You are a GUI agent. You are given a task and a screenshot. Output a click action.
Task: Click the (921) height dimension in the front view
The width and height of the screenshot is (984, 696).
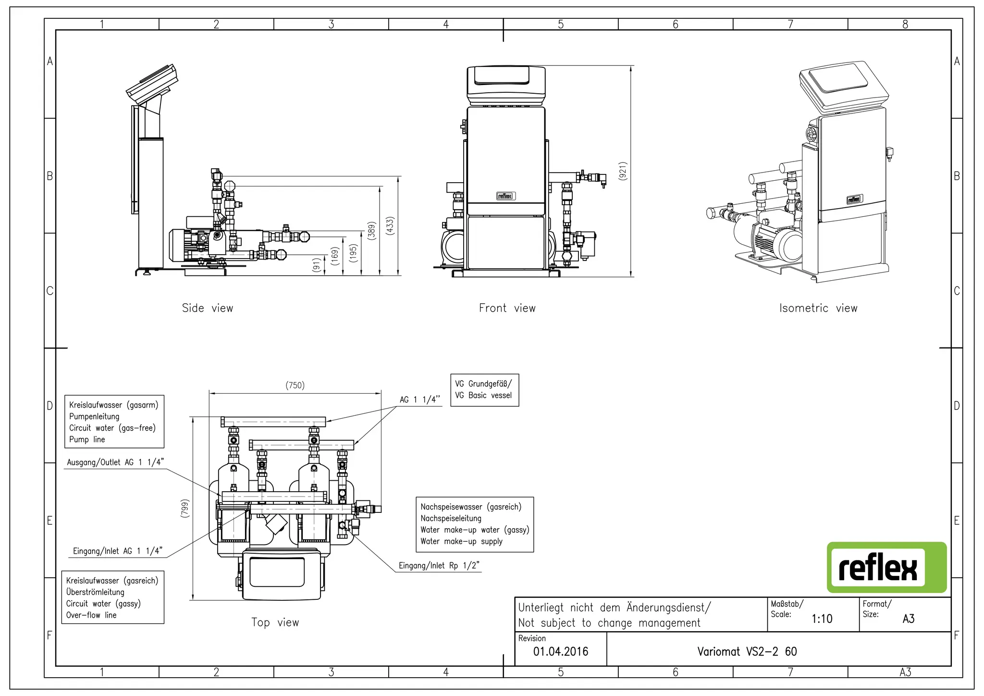click(623, 171)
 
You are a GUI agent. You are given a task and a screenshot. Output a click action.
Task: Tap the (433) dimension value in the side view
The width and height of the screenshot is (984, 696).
click(390, 226)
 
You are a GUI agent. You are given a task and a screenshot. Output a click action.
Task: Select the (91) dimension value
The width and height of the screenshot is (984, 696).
click(316, 265)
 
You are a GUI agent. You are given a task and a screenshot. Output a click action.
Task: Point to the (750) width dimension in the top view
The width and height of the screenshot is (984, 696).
click(295, 385)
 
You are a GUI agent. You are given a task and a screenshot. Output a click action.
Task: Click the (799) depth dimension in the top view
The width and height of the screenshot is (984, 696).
click(185, 509)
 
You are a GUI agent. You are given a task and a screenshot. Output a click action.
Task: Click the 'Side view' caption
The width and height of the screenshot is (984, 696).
click(208, 308)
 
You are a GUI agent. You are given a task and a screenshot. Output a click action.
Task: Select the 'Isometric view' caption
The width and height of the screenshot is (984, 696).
click(818, 308)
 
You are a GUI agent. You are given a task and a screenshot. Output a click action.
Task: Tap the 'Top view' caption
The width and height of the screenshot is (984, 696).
click(275, 622)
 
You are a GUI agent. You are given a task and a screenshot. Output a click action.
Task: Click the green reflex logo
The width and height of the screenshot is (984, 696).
click(886, 567)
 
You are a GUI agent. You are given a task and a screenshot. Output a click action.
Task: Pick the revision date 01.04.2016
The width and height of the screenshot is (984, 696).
click(561, 652)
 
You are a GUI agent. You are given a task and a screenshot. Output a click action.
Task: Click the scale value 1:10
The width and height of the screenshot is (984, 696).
click(822, 619)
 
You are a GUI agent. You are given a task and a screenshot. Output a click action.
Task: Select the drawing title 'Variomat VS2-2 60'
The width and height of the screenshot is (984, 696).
click(747, 652)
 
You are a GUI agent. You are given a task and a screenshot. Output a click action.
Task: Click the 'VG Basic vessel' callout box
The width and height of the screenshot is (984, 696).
click(484, 390)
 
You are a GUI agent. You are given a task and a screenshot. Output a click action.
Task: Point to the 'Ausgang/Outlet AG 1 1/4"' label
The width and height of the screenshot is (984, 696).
click(115, 462)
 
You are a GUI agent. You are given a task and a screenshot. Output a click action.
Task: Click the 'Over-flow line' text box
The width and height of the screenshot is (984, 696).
click(112, 597)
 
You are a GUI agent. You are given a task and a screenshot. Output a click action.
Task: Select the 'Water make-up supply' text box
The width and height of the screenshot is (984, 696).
click(474, 524)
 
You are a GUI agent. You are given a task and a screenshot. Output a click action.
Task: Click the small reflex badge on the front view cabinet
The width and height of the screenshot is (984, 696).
click(505, 196)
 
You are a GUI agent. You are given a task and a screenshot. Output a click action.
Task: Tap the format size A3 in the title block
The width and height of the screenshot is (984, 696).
click(908, 619)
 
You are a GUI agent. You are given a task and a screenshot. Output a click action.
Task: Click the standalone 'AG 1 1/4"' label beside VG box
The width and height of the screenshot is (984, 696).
click(419, 400)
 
